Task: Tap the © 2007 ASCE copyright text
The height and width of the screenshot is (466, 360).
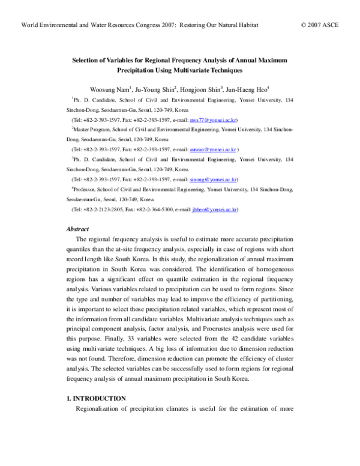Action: tap(325, 26)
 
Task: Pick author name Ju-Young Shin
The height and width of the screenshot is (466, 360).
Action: tap(154, 88)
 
